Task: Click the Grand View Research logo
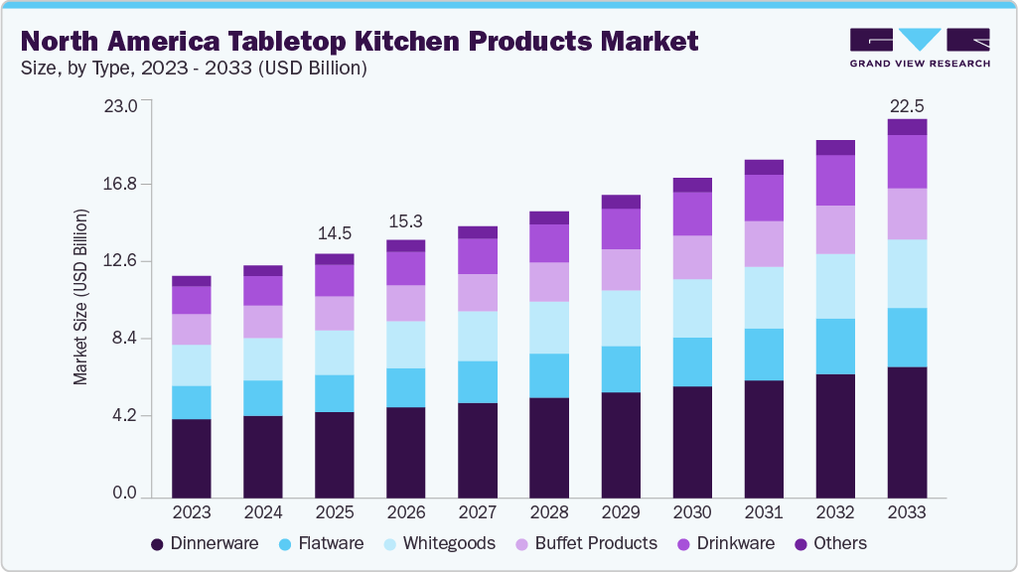coord(919,47)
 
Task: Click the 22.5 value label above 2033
coord(906,105)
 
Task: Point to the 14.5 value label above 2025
coord(334,234)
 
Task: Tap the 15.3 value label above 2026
coord(405,220)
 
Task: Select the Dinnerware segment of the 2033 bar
coord(907,432)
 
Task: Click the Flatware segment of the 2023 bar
coord(192,402)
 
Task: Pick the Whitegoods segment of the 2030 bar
coord(692,308)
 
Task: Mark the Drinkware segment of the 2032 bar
coord(835,180)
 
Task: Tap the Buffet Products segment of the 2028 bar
coord(549,282)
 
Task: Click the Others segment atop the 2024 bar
coord(263,270)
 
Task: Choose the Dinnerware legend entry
coord(205,543)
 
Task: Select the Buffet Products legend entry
coord(585,543)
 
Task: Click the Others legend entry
coord(829,543)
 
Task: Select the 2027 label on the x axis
coord(478,512)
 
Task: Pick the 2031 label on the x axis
coord(764,512)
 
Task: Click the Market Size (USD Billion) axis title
coord(80,297)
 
